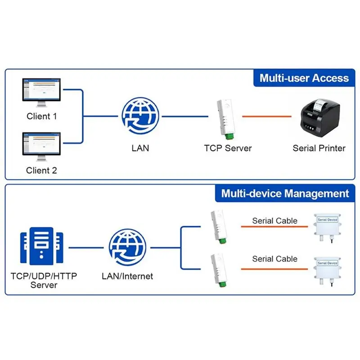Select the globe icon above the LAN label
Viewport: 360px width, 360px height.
[x=140, y=116]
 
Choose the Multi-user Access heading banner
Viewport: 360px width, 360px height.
[x=304, y=78]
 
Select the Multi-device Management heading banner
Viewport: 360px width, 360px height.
[x=285, y=194]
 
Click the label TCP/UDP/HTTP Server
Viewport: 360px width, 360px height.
[x=44, y=280]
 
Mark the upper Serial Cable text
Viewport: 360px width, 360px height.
[x=274, y=220]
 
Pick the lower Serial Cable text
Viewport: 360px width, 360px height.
[x=274, y=259]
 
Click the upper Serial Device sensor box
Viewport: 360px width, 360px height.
[x=327, y=227]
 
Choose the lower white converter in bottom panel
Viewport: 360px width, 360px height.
[x=218, y=270]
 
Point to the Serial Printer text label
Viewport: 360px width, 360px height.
[x=319, y=148]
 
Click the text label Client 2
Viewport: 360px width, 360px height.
[x=41, y=170]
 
